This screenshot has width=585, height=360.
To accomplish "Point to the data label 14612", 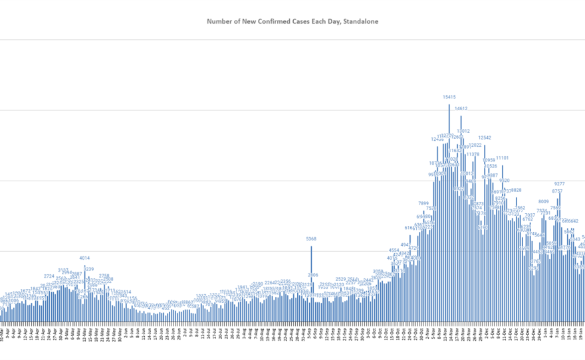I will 461,109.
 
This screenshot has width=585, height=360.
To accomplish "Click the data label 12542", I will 485,138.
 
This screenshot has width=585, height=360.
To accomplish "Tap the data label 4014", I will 84,258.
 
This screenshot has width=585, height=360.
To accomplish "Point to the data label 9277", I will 560,184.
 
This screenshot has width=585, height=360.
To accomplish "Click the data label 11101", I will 503,158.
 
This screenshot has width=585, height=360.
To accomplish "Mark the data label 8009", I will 544,201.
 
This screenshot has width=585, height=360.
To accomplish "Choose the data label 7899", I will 423,204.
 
